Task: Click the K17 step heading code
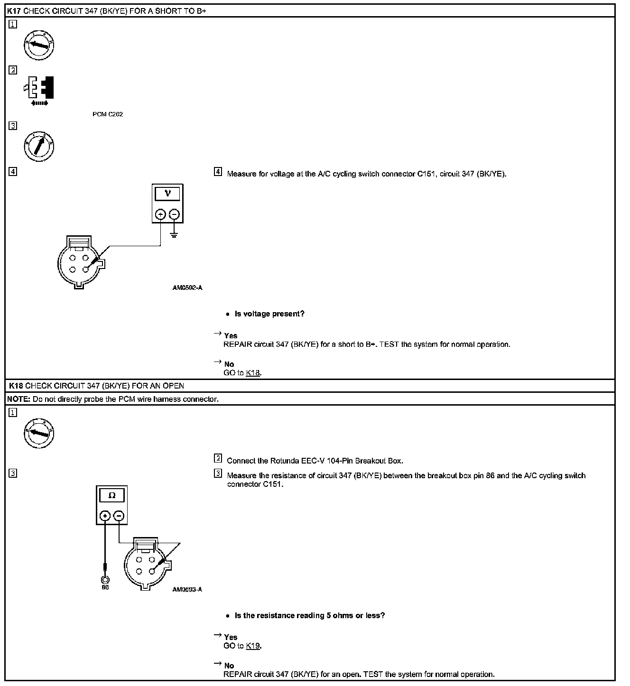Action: [x=14, y=10]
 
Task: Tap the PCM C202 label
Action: [x=108, y=114]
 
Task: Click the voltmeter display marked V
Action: [x=167, y=194]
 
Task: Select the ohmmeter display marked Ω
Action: [x=112, y=495]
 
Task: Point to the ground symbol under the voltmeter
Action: [x=174, y=234]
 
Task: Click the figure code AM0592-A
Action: [x=187, y=287]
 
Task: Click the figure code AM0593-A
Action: [x=187, y=589]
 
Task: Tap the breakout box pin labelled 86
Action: [x=105, y=580]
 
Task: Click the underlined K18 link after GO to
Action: [x=253, y=373]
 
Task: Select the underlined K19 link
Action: [x=253, y=646]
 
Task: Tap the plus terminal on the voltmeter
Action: [x=160, y=214]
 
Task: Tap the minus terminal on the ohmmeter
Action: [x=120, y=516]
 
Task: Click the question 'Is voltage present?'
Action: [x=269, y=314]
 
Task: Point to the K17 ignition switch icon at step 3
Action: [x=39, y=145]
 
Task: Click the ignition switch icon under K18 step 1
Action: [x=39, y=433]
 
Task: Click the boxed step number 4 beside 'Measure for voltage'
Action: [x=218, y=172]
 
